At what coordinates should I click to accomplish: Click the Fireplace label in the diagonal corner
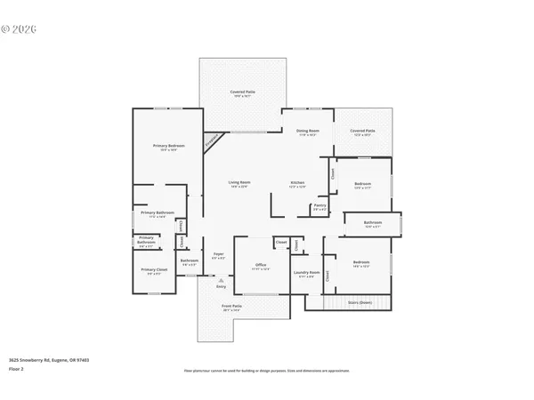[212, 140]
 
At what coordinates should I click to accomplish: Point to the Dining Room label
[308, 131]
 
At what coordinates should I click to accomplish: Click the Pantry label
[320, 205]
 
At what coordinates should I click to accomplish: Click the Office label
[262, 264]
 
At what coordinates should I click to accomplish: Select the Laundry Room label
[307, 273]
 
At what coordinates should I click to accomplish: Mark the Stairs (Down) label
[359, 302]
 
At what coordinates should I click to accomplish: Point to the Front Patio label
[231, 306]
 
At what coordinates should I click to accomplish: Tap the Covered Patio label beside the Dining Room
[362, 131]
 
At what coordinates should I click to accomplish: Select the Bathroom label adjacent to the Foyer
[190, 261]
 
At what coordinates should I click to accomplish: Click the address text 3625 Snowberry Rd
[49, 360]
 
